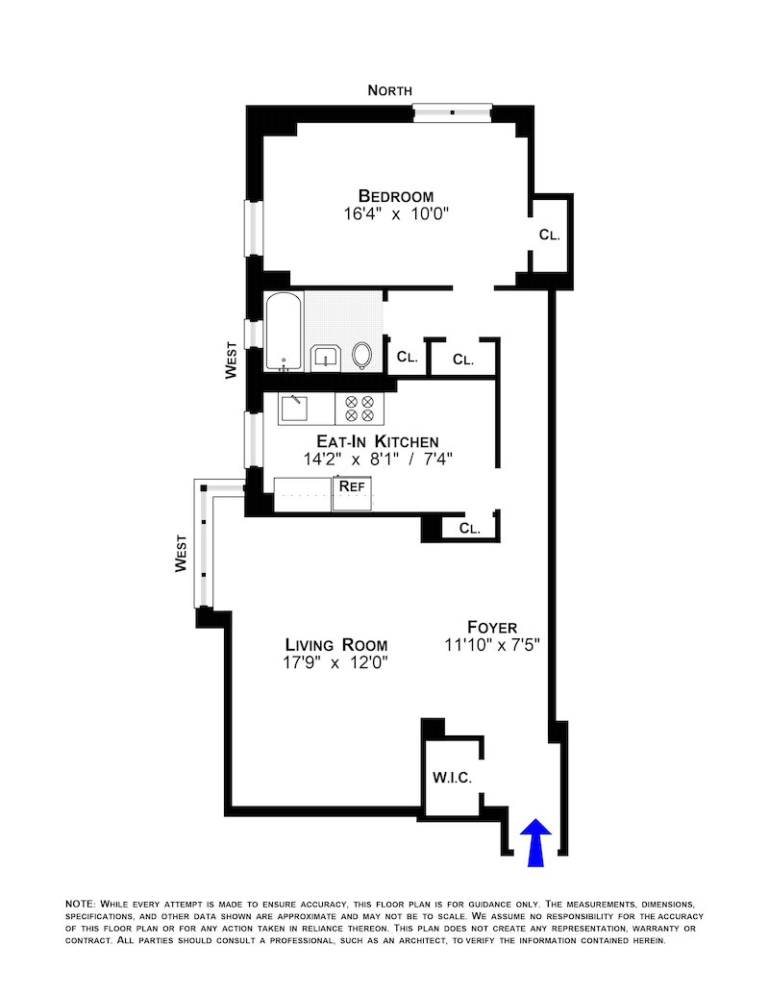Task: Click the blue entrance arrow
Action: (x=536, y=841)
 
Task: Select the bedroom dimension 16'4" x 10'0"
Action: (x=390, y=215)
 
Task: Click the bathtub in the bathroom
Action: (x=284, y=331)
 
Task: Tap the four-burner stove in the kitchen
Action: (x=359, y=409)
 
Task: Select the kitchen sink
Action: (x=293, y=409)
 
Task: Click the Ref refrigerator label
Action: (x=352, y=485)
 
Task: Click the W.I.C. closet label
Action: (x=453, y=777)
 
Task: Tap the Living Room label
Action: (x=335, y=644)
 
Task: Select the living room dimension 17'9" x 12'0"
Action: (x=335, y=663)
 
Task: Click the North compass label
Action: (x=390, y=90)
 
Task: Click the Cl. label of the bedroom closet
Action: (x=549, y=234)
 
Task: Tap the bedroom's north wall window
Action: (x=453, y=112)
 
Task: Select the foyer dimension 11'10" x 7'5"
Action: (x=493, y=645)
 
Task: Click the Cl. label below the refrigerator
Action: (x=469, y=528)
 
